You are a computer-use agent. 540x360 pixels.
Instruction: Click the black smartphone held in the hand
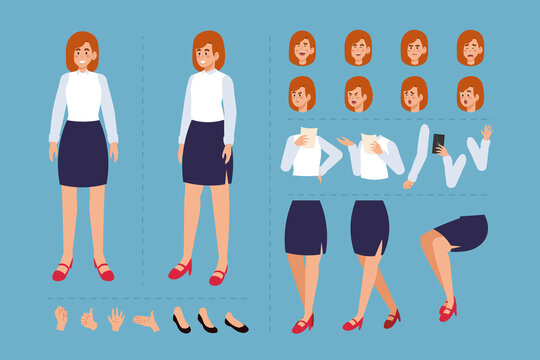pos(438,143)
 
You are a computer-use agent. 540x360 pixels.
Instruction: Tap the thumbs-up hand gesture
pos(89,319)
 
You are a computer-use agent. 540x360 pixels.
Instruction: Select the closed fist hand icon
pos(61,318)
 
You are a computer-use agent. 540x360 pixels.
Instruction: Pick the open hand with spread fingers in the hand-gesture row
pos(116,318)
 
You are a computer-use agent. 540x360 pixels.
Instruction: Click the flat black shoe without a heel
pos(236,325)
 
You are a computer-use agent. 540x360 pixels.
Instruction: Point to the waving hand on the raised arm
pos(486,132)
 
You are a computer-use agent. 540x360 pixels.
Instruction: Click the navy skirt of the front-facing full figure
pos(83,153)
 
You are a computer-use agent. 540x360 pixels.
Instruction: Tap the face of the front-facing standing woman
pos(83,56)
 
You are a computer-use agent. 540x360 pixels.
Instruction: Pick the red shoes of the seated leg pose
pos(447,311)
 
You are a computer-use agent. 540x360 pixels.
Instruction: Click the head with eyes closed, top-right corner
pos(470,48)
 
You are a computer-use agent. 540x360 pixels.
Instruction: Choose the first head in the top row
pos(302,48)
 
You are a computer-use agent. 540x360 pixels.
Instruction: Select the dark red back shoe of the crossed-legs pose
pos(392,318)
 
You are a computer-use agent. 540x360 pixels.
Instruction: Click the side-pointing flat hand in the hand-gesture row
pos(146,321)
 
